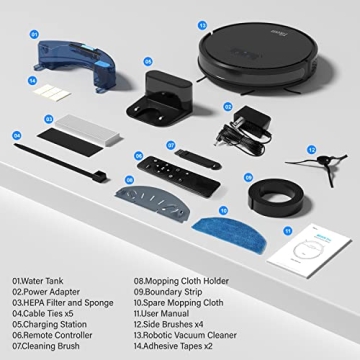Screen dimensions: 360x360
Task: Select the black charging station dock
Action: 160,93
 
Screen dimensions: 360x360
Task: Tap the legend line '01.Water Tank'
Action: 40,281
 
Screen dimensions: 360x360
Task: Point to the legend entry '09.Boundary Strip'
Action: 170,292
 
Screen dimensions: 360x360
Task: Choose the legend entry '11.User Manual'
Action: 165,314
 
